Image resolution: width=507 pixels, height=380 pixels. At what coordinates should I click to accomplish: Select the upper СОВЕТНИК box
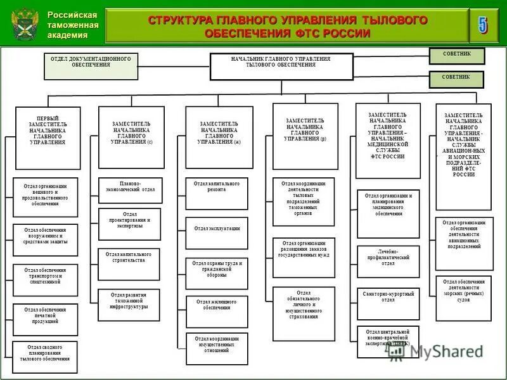click(456, 56)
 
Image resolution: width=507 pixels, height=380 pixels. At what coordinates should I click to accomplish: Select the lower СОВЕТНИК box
click(456, 79)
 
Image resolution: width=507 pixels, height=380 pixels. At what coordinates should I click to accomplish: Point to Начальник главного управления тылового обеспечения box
click(281, 66)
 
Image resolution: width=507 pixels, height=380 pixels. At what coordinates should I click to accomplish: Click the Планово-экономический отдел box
click(129, 187)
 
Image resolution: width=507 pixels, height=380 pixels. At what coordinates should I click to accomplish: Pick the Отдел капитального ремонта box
click(217, 187)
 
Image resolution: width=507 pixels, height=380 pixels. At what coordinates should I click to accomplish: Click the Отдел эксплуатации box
click(217, 229)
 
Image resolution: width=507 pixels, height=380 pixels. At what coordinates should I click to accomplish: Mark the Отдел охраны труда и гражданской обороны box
click(217, 270)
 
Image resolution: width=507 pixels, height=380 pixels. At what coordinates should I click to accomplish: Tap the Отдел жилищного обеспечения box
click(217, 306)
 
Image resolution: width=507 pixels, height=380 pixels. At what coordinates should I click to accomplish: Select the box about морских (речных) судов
click(464, 289)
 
